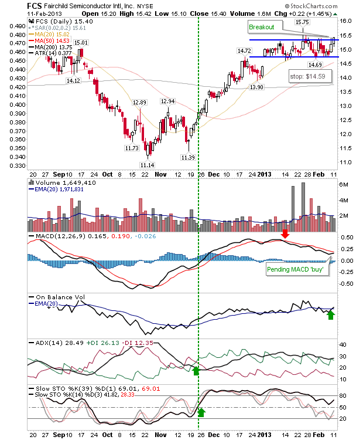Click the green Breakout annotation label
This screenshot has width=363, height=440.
261,27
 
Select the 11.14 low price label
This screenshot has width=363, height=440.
148,165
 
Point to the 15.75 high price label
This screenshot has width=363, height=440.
303,22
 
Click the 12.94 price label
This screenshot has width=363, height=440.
167,101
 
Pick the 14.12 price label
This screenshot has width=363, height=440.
73,80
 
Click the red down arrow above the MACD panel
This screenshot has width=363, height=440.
285,233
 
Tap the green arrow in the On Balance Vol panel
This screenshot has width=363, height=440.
331,315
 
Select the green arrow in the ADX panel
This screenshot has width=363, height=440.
196,371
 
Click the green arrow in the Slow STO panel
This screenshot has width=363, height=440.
201,412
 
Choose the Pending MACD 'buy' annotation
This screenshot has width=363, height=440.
295,269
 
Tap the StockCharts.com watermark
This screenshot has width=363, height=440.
311,6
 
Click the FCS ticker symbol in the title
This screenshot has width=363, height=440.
35,6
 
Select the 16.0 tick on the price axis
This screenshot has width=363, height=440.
345,21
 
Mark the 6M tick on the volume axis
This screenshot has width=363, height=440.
344,185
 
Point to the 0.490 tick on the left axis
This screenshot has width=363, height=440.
18,26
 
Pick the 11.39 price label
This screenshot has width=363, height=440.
188,157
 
